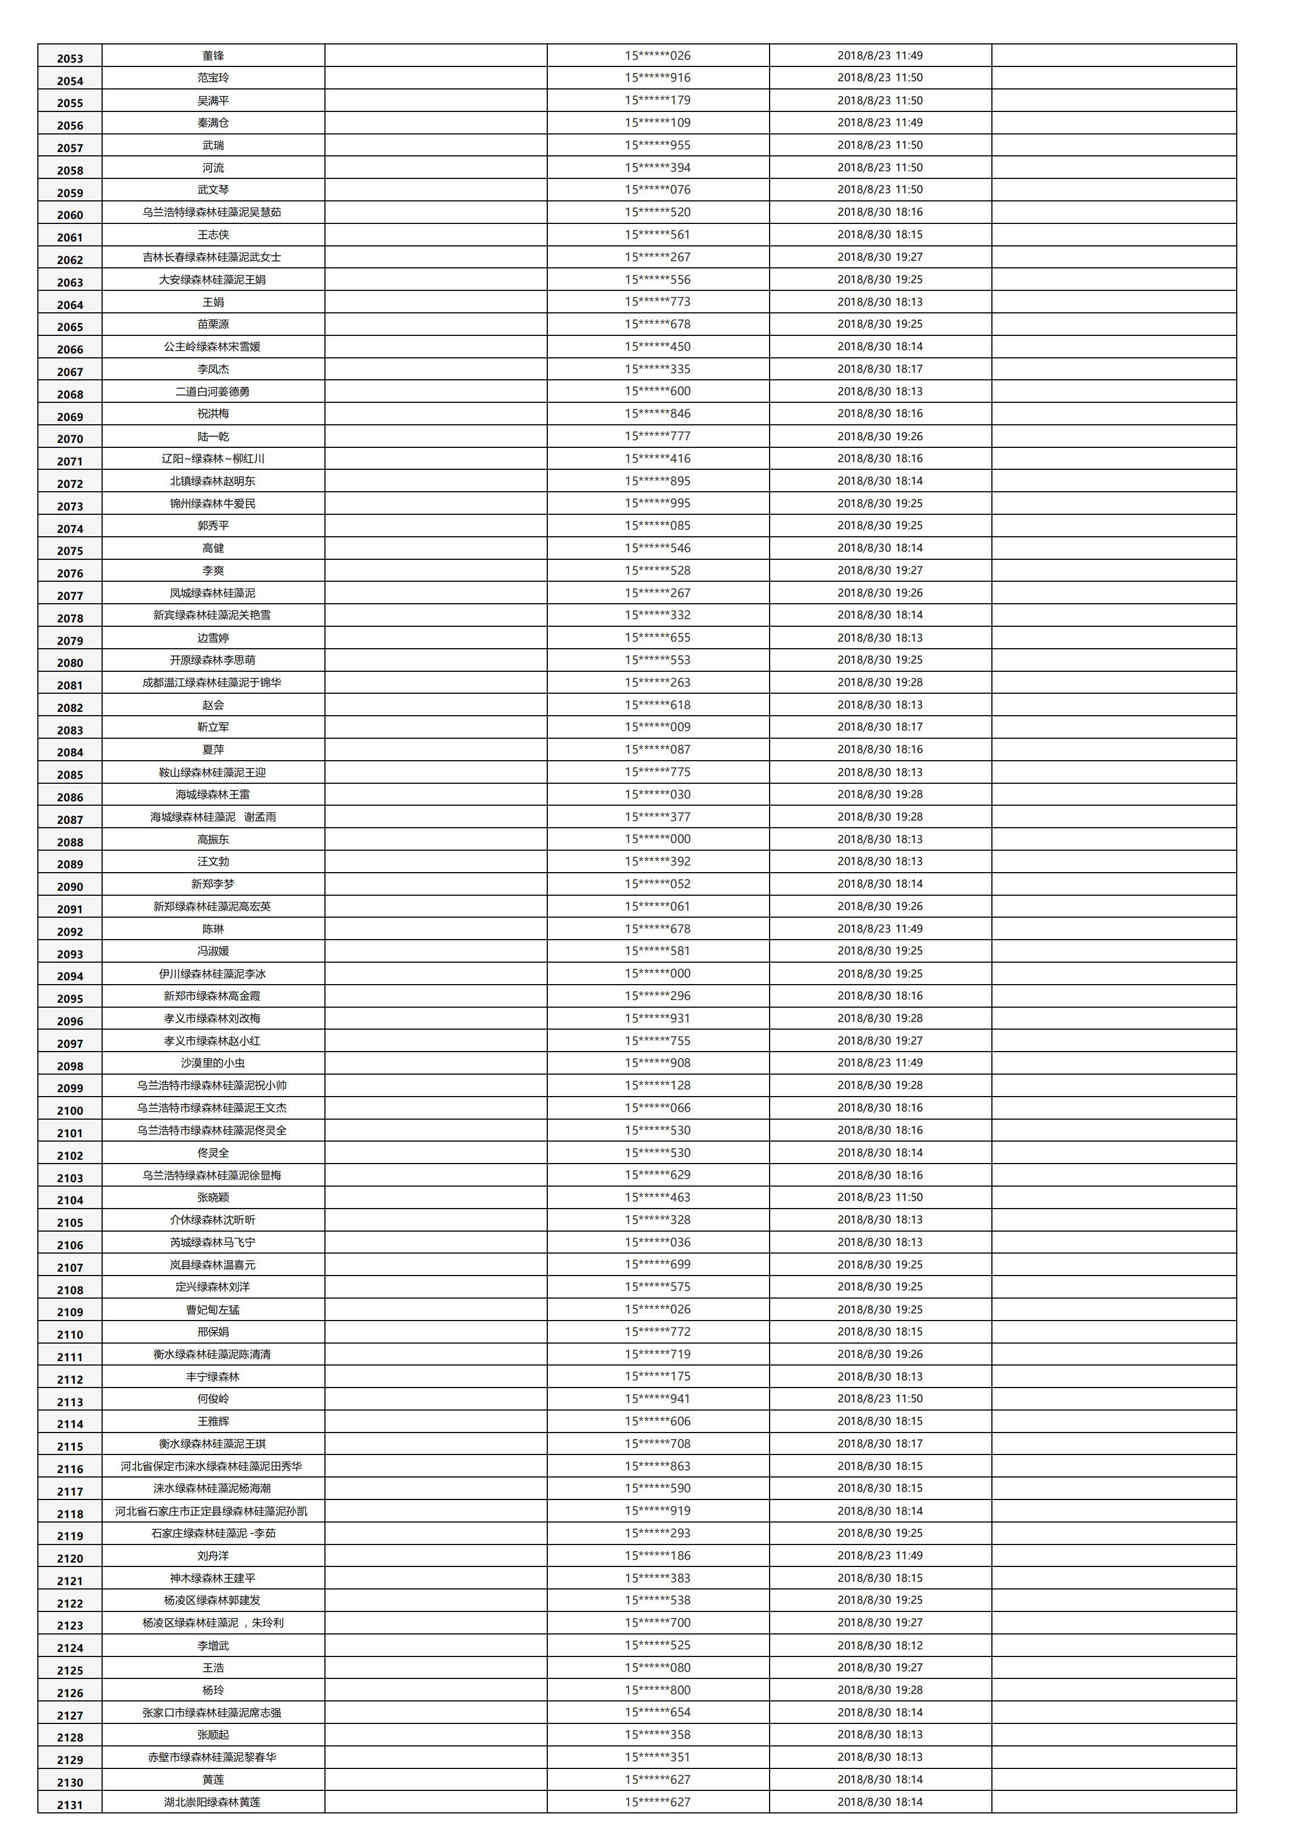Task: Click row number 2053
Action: coord(70,58)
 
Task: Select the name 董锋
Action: coord(214,55)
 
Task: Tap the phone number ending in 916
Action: coord(658,78)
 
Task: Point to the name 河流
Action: coord(214,167)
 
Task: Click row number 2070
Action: coord(70,439)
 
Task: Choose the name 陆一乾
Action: coord(214,436)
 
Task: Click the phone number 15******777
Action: coord(658,436)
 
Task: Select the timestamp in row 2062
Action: coord(879,257)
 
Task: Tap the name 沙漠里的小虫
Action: coord(214,1063)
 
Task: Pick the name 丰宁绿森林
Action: coord(214,1377)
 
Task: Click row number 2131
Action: coord(70,1805)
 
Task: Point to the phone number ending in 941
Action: coord(658,1399)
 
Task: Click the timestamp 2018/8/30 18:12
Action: coord(879,1645)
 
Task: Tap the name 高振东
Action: coord(214,839)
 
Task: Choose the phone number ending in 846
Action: coord(658,414)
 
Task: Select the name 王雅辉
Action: coord(214,1422)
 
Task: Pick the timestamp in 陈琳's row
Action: coord(879,929)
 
